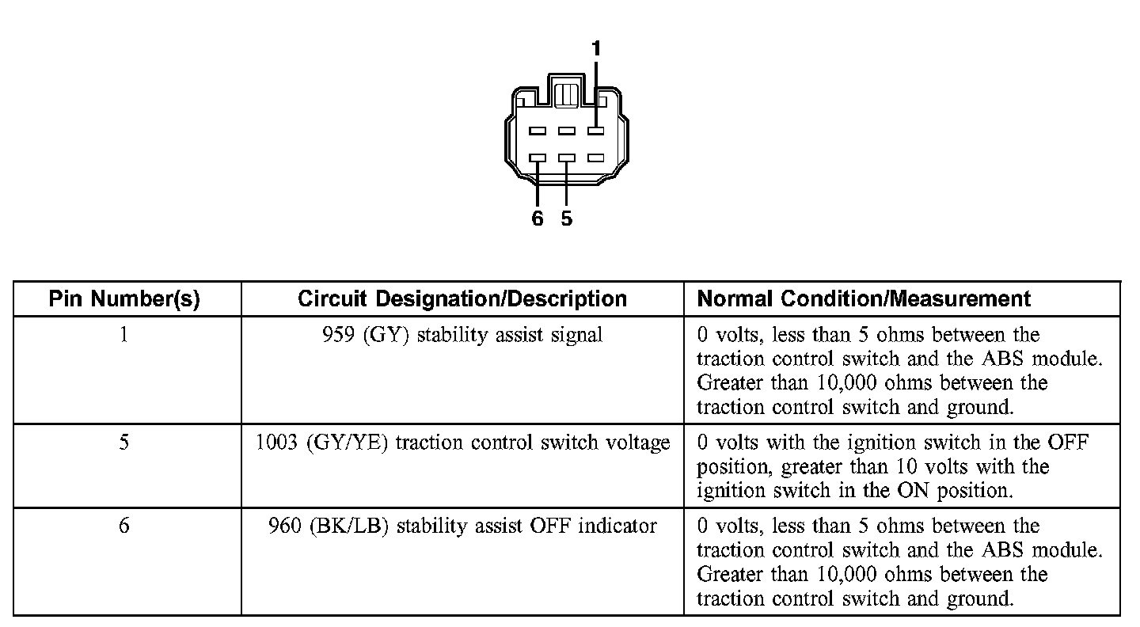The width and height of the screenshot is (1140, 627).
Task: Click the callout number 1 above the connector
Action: (596, 50)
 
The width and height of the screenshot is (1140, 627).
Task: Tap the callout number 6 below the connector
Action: (538, 218)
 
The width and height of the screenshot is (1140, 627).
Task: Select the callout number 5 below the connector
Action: (567, 218)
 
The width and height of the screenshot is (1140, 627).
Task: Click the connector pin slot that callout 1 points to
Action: (596, 131)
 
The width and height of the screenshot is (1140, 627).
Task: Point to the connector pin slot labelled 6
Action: (538, 158)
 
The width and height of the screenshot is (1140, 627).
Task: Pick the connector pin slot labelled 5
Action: (567, 158)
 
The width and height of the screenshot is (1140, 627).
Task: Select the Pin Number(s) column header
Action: (124, 298)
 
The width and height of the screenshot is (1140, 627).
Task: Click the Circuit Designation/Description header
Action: (462, 298)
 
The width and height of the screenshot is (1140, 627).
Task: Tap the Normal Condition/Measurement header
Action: (864, 298)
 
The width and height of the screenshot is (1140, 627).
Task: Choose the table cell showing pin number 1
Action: (124, 335)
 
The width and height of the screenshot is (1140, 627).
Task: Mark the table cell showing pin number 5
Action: (124, 443)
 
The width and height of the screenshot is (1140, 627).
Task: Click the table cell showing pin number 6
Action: (124, 526)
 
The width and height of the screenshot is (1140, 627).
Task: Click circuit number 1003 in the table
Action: (277, 443)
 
